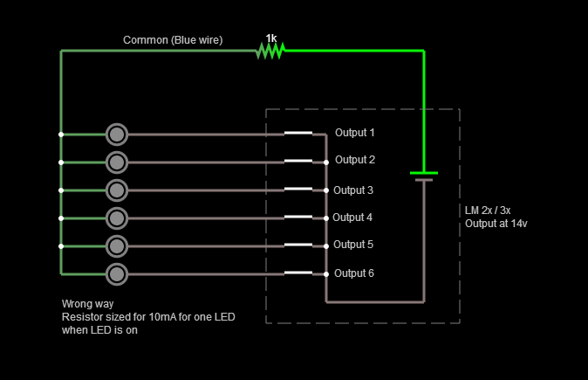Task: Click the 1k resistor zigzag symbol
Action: click(270, 52)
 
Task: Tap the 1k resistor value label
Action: click(271, 38)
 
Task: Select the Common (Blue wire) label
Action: click(173, 40)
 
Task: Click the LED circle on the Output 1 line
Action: click(117, 135)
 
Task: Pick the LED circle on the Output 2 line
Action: click(117, 162)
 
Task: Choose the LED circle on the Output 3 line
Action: click(117, 190)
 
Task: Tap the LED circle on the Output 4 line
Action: click(117, 217)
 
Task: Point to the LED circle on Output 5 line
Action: click(117, 244)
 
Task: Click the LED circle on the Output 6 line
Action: click(117, 273)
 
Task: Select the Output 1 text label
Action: click(355, 133)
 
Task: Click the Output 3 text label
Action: click(353, 190)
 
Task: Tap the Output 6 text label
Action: click(353, 273)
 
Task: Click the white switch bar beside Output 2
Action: click(297, 161)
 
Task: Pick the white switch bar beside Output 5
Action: click(297, 244)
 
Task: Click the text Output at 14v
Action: click(496, 224)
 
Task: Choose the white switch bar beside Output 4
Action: click(297, 216)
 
